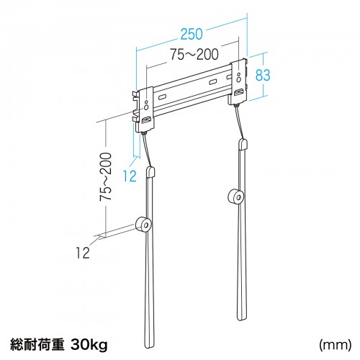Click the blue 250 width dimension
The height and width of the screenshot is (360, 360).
(192, 33)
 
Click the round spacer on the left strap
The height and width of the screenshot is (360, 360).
(143, 225)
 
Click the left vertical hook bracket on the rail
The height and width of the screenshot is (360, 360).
(146, 107)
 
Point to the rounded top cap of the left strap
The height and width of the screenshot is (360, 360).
(151, 173)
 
